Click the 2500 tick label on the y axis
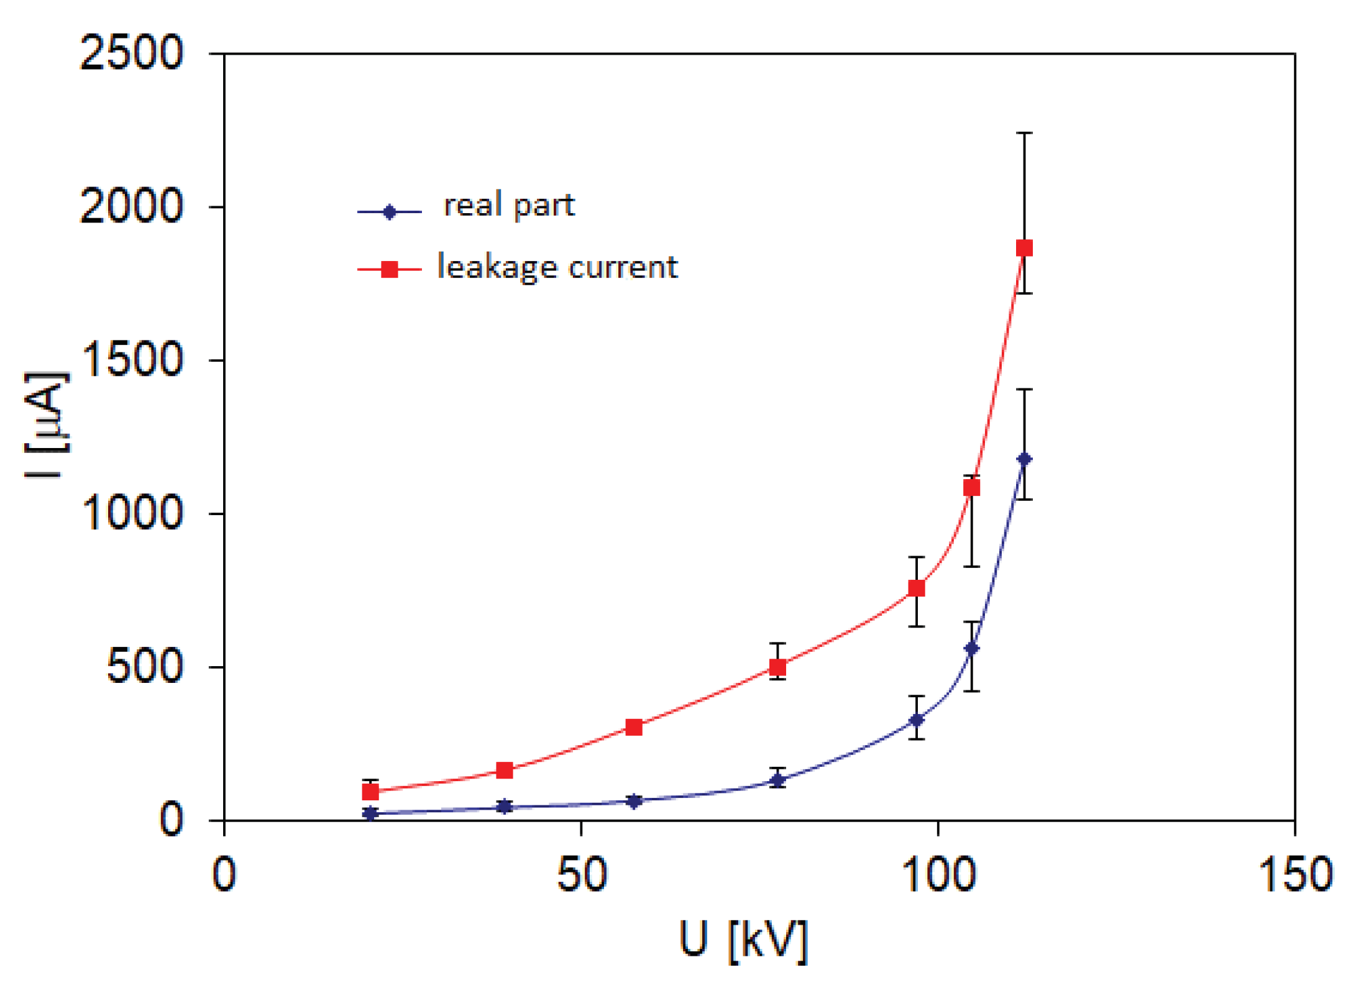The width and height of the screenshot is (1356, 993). [131, 53]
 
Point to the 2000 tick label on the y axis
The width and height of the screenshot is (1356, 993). [131, 206]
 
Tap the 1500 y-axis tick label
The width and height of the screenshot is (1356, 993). [131, 360]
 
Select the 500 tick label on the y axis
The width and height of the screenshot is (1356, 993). [144, 667]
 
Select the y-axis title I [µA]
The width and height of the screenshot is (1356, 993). [47, 425]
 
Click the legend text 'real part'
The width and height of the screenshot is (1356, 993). [509, 205]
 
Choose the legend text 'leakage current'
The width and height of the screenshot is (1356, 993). [557, 267]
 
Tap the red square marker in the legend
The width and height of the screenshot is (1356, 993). [390, 269]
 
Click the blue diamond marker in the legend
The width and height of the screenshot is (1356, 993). [390, 212]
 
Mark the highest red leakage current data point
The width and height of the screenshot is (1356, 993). [1024, 248]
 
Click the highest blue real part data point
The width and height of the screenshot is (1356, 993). [1024, 459]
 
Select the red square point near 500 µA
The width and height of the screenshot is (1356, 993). [777, 667]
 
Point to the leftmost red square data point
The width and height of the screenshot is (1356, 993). [370, 792]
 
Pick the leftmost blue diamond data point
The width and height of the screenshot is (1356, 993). [370, 813]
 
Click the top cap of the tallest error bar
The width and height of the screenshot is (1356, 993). [1024, 133]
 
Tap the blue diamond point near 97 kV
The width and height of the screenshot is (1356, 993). [916, 720]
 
